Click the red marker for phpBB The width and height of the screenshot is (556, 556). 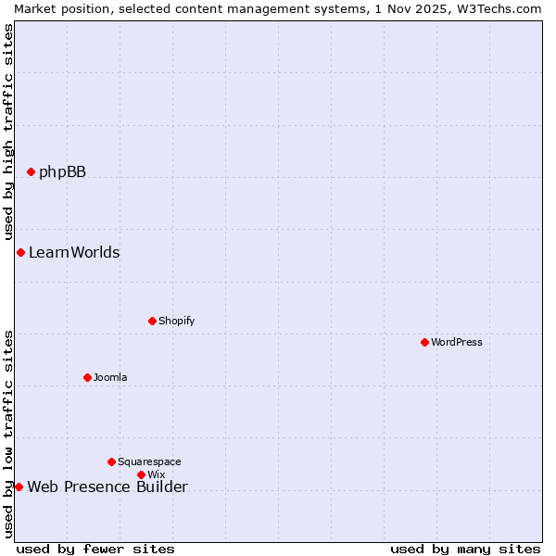click(x=31, y=171)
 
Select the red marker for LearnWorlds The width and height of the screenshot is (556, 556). click(x=20, y=252)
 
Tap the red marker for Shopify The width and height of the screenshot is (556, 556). click(x=152, y=321)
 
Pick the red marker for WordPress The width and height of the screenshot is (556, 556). click(x=424, y=342)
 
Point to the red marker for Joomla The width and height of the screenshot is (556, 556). click(x=87, y=377)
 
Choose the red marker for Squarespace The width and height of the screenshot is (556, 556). click(x=111, y=461)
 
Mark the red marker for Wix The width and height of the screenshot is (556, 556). click(x=141, y=474)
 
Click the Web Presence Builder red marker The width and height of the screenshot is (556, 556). click(x=19, y=486)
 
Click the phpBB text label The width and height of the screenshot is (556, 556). click(x=62, y=171)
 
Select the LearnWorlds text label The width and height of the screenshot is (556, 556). click(x=74, y=252)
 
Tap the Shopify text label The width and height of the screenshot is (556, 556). click(x=176, y=321)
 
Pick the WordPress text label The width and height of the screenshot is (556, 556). click(x=456, y=342)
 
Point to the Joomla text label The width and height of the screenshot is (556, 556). click(x=110, y=377)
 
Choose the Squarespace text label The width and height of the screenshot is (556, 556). click(x=149, y=461)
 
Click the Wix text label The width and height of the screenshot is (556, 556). click(x=156, y=474)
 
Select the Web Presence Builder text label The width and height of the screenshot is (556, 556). click(x=107, y=486)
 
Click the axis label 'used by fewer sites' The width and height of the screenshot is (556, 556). click(x=95, y=549)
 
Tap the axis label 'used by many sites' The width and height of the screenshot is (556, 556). click(x=465, y=549)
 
